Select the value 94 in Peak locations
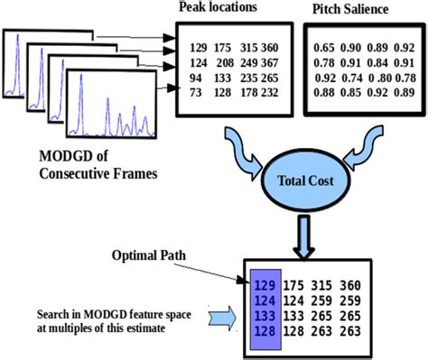point(191,78)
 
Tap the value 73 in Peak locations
point(191,92)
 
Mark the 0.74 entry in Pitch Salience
point(349,78)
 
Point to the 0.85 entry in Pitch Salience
point(349,92)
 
